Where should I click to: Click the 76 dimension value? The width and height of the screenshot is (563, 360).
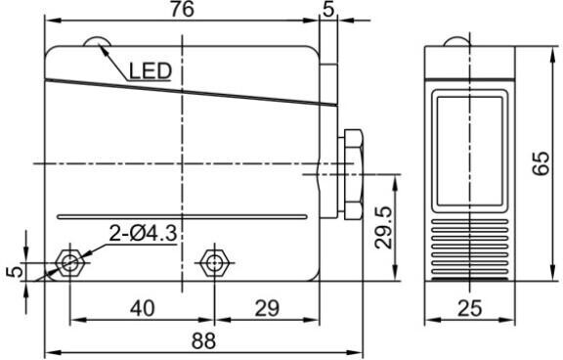(182, 9)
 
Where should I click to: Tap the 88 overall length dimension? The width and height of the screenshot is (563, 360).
(203, 340)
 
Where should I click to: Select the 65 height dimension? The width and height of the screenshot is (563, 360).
(541, 163)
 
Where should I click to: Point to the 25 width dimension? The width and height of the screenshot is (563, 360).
(469, 308)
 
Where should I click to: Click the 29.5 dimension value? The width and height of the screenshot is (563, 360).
(383, 227)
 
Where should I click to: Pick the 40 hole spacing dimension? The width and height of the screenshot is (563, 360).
(143, 308)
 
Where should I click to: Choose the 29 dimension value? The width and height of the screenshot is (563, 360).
(267, 308)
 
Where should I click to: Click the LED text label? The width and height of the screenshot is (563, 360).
(151, 70)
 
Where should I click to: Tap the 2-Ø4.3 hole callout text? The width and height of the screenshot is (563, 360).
(143, 234)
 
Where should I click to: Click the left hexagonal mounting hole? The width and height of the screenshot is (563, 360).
(69, 262)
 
